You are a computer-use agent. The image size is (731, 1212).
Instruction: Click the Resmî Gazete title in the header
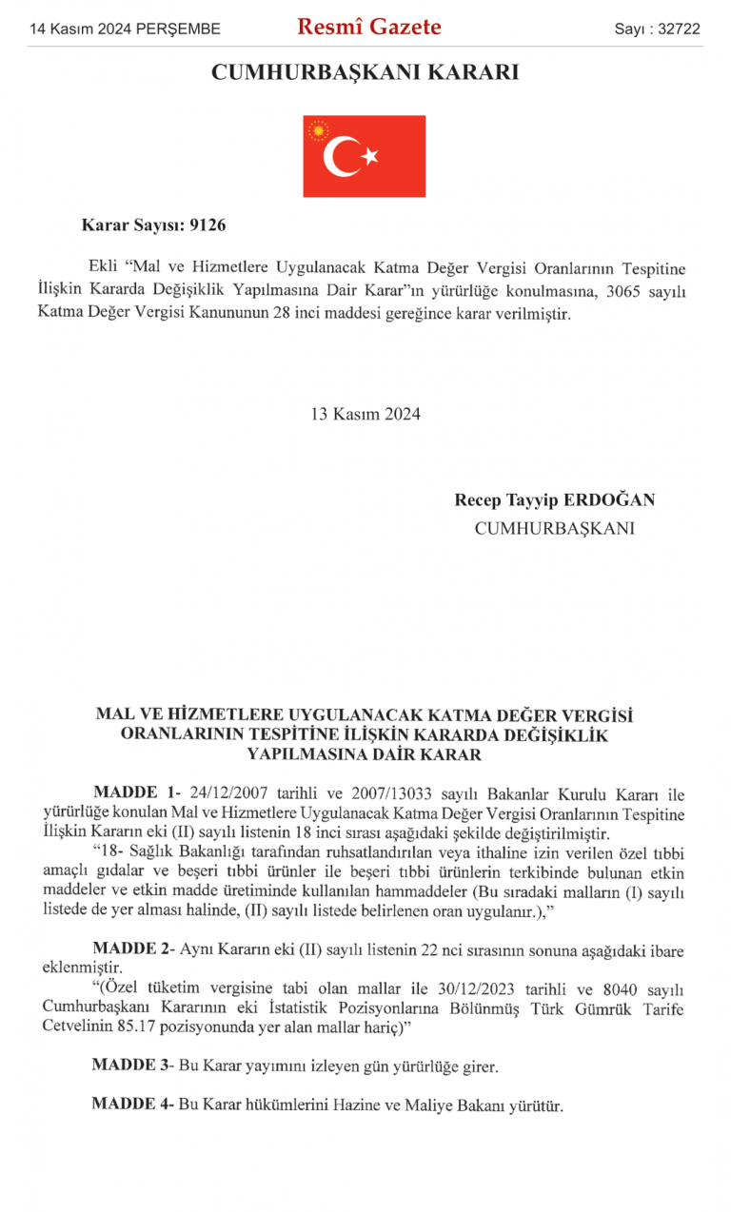click(368, 28)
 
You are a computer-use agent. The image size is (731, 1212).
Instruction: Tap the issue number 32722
click(678, 29)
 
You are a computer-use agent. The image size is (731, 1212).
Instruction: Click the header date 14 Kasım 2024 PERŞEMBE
click(125, 29)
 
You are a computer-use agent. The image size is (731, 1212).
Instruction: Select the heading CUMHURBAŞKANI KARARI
click(365, 72)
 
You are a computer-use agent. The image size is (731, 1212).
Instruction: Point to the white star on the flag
click(370, 155)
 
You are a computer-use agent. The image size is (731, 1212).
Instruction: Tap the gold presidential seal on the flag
click(318, 130)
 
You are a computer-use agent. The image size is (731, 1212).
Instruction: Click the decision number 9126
click(208, 225)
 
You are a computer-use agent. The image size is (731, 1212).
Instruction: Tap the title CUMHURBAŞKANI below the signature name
click(554, 528)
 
